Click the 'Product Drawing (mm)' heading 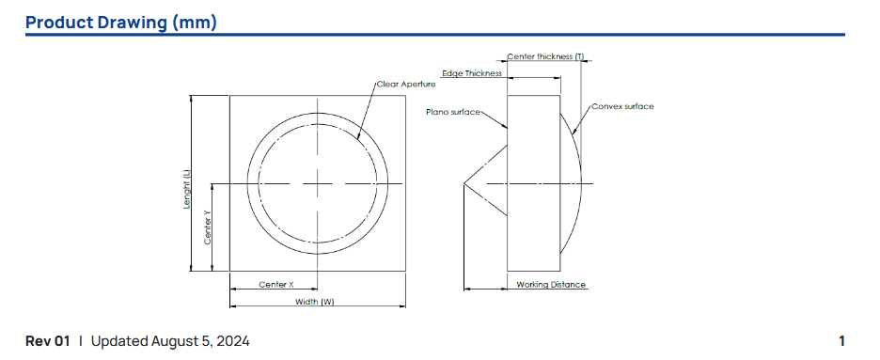[121, 23]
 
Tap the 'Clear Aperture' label [406, 84]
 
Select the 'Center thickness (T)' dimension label [545, 56]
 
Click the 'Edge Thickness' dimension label [472, 73]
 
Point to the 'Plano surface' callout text [453, 112]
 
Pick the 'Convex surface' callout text [622, 106]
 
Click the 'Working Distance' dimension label [551, 285]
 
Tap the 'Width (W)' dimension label [315, 302]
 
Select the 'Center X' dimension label [276, 284]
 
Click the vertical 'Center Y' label [207, 227]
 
